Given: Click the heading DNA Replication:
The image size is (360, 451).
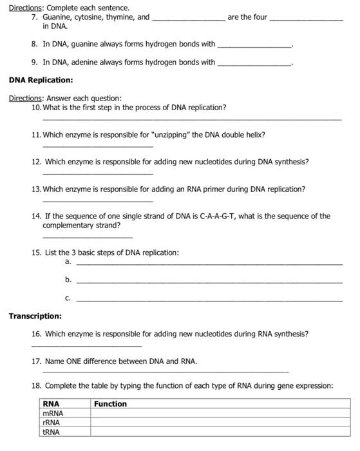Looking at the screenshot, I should click(x=41, y=81).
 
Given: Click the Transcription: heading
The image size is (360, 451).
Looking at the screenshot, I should click(x=35, y=316).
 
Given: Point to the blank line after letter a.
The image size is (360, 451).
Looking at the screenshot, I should click(x=209, y=264).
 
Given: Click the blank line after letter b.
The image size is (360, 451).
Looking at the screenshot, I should click(x=209, y=282).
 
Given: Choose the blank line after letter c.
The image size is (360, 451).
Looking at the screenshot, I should click(x=209, y=300).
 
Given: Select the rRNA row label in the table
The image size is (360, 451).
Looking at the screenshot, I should click(x=52, y=423).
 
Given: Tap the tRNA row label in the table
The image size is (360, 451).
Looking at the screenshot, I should click(x=51, y=432).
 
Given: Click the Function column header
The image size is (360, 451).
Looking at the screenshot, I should click(x=110, y=404).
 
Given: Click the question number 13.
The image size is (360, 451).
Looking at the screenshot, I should click(x=36, y=189).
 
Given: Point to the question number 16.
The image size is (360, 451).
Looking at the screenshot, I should click(x=36, y=334).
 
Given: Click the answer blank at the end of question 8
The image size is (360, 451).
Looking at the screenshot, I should click(x=255, y=46).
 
